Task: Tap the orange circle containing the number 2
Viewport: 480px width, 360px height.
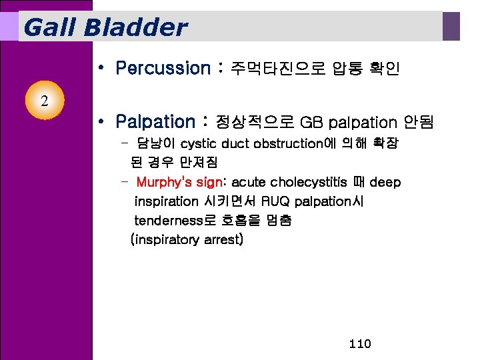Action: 43,101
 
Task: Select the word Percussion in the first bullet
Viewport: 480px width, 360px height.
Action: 162,68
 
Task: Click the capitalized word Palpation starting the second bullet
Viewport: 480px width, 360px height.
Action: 154,122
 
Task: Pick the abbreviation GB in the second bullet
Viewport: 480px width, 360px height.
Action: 311,122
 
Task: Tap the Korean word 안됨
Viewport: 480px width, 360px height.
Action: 419,122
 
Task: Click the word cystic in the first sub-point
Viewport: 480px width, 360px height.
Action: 198,143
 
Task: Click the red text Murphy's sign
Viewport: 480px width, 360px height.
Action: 174,183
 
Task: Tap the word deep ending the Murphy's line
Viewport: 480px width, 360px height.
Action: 385,183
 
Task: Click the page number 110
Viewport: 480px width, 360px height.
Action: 359,344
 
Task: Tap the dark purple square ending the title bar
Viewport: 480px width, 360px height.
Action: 452,26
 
